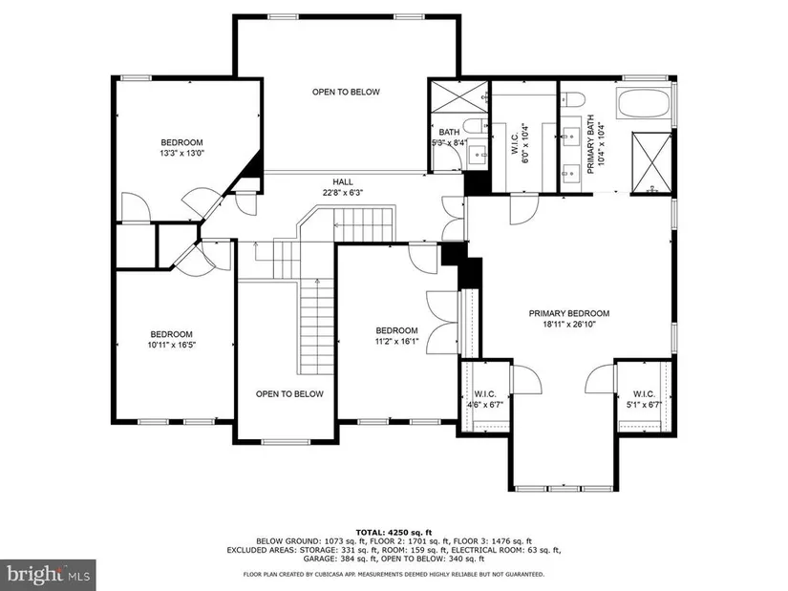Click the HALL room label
(x=343, y=182)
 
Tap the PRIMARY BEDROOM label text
(x=569, y=313)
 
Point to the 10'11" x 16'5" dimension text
(x=171, y=346)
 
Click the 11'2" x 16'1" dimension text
(x=397, y=342)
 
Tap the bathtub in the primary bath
(x=644, y=104)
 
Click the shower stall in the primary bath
(x=651, y=161)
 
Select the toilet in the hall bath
(x=475, y=125)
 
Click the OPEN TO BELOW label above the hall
(x=346, y=92)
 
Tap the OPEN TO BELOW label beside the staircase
(x=289, y=394)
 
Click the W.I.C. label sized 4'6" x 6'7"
(x=485, y=394)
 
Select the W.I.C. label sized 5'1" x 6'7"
(x=644, y=394)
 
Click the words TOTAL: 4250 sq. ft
(x=394, y=532)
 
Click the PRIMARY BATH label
(x=590, y=145)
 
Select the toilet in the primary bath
(x=572, y=99)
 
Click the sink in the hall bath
(x=477, y=155)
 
